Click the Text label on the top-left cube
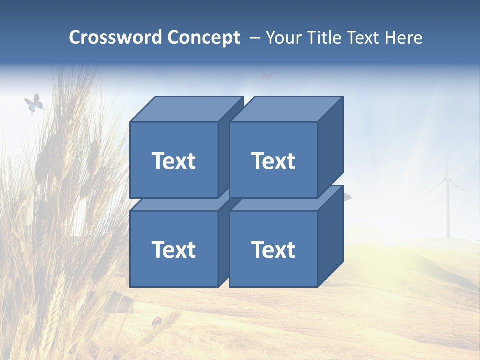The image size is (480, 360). [173, 161]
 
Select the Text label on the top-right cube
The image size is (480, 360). [273, 161]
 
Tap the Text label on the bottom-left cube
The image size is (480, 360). [173, 249]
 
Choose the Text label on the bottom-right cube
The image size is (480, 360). [273, 249]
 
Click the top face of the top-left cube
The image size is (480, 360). [185, 109]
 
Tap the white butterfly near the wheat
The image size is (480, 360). [33, 104]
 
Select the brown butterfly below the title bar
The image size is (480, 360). [267, 76]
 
